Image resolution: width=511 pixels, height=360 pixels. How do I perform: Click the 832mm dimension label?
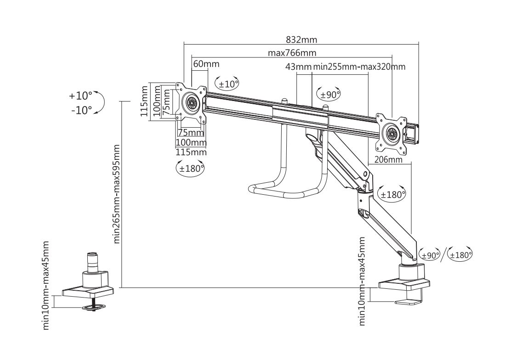(x=301, y=39)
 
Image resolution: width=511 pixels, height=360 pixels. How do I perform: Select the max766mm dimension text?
(x=292, y=52)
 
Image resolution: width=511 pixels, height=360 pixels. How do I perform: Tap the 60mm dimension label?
(x=206, y=63)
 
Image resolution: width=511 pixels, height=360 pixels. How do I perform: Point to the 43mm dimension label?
(x=299, y=67)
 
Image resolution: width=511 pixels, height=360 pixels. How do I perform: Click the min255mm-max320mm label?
(x=359, y=67)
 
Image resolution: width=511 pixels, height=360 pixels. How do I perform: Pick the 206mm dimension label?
(x=388, y=160)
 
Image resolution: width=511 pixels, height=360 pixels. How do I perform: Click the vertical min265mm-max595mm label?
(x=116, y=194)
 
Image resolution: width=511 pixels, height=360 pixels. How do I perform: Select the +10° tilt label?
(x=80, y=96)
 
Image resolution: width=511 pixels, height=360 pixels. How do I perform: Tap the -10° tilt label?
(x=81, y=110)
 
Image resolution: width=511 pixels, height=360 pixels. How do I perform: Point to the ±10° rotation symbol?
(x=227, y=84)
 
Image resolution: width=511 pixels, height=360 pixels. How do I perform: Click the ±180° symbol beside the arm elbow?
(x=392, y=195)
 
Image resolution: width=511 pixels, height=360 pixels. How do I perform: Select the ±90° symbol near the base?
(x=429, y=255)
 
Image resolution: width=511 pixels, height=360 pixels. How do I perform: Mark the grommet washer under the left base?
(x=95, y=307)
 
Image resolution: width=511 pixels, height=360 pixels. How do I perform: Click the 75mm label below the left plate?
(x=191, y=133)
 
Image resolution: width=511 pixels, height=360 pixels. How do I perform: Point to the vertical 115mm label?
(x=144, y=101)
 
